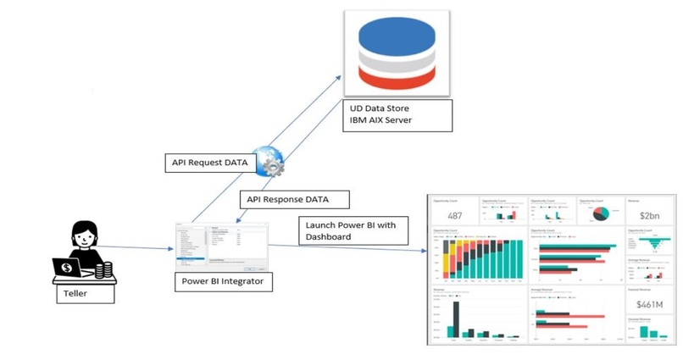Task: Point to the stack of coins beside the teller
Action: coord(103,270)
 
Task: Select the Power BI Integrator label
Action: coord(224,281)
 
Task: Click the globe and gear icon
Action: coord(269,162)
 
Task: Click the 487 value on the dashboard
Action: coord(454,215)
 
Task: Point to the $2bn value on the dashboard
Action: coord(650,215)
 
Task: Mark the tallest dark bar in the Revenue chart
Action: coord(455,318)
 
